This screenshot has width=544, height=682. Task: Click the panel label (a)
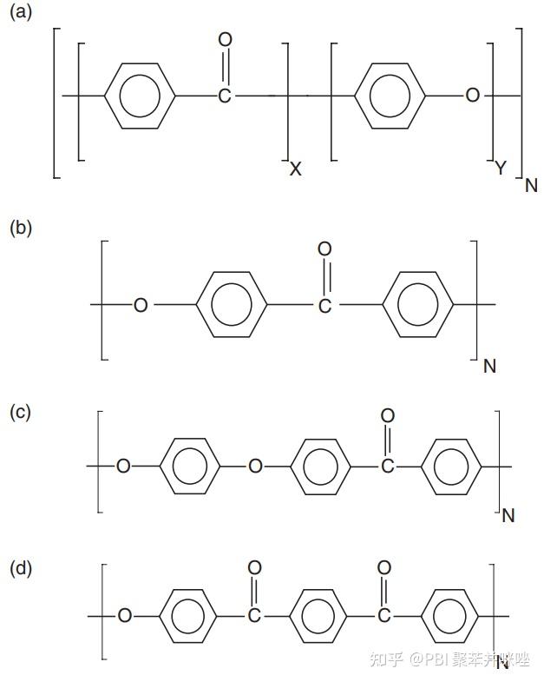point(20,14)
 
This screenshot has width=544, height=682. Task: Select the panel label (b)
point(20,228)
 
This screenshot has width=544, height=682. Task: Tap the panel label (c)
point(20,412)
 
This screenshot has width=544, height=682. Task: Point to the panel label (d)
point(20,569)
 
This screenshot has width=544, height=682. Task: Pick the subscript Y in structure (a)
point(501,169)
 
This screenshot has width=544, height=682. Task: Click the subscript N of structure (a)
point(531,184)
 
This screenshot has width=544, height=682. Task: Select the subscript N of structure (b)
point(489,366)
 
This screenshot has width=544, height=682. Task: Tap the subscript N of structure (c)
point(508,515)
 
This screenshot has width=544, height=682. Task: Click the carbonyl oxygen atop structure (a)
point(226,40)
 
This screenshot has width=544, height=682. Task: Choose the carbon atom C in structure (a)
point(225,95)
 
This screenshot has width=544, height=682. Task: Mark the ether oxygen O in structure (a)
point(473,95)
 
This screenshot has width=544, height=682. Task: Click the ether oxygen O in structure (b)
point(141,305)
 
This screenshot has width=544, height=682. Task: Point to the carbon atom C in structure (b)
point(324,305)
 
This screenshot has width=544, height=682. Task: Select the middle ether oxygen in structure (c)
point(255,467)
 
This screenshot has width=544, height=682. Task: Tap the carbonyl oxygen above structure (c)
point(388,415)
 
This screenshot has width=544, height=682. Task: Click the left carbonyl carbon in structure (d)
point(254,616)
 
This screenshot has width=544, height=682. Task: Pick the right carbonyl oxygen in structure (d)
point(384,568)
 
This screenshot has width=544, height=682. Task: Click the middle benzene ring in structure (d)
point(318,616)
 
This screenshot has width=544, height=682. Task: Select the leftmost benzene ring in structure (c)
point(190,467)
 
